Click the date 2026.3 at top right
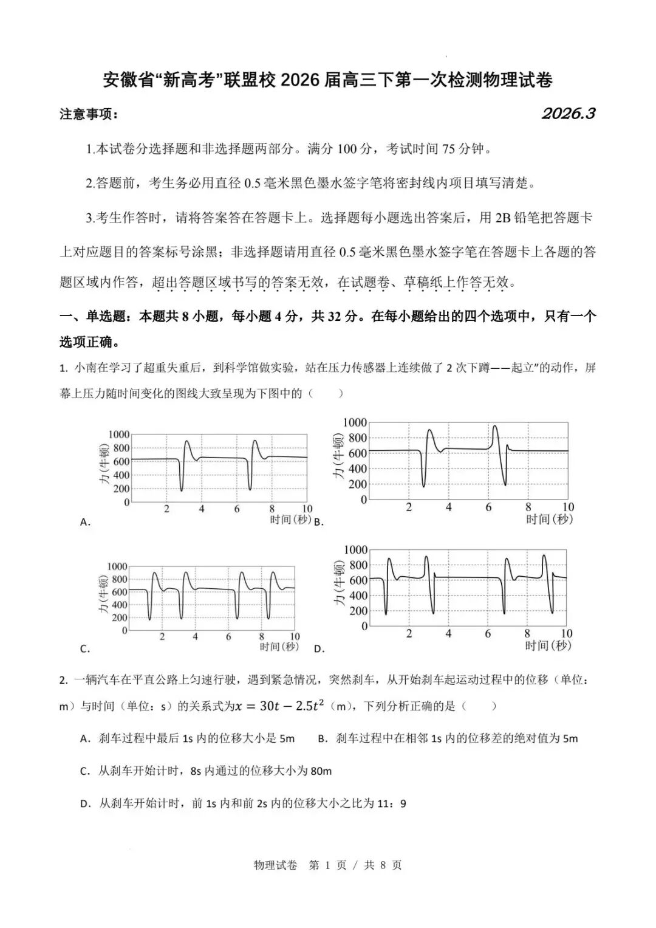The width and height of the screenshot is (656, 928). tap(568, 114)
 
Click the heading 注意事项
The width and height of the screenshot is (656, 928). tap(89, 114)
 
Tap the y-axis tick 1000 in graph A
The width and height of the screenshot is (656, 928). tap(119, 434)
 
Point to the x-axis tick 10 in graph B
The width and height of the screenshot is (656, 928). tap(567, 507)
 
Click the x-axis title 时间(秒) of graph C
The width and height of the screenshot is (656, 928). tap(279, 647)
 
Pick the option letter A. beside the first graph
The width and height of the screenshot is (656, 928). tap(86, 521)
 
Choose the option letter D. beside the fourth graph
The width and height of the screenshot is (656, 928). tap(319, 648)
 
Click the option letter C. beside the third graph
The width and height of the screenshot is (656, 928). tap(86, 648)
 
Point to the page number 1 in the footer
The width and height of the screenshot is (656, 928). tap(328, 865)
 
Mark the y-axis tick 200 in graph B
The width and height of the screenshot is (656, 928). tap(358, 484)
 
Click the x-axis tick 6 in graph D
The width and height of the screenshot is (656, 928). tap(488, 633)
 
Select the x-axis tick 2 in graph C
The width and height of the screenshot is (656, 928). tap(162, 636)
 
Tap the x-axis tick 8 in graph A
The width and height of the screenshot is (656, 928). tap(272, 509)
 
